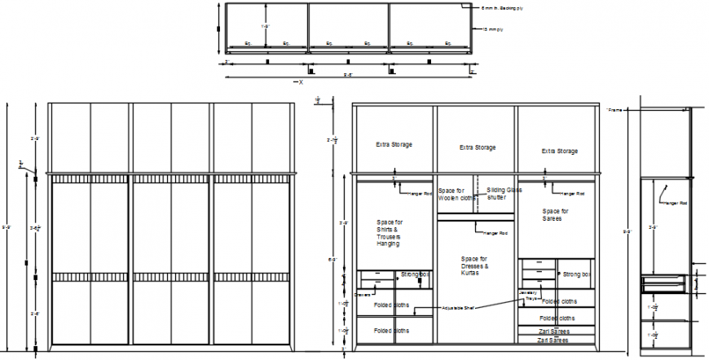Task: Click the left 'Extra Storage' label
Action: [x=394, y=145]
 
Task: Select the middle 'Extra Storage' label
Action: [x=477, y=148]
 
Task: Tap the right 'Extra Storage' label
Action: [x=560, y=151]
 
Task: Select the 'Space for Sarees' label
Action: [x=555, y=214]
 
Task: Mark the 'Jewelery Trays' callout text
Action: [x=528, y=296]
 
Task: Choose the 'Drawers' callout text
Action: [x=364, y=294]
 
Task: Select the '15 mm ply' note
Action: [x=492, y=30]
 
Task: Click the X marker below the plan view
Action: [x=301, y=81]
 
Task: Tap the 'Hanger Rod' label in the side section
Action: [x=676, y=204]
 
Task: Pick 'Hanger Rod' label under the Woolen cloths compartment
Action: [x=494, y=234]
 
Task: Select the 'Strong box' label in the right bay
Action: [x=576, y=275]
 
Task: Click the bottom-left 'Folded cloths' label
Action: [x=392, y=331]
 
